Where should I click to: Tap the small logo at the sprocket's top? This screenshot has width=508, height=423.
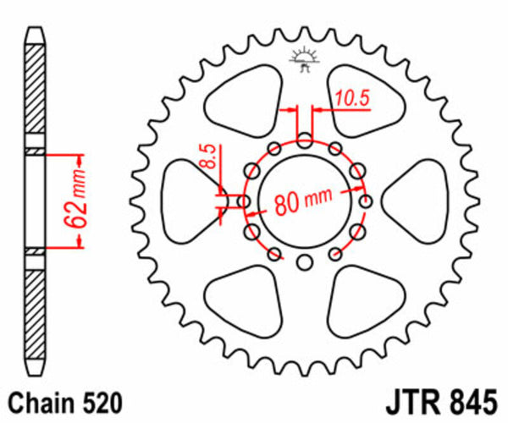pyautogui.click(x=303, y=60)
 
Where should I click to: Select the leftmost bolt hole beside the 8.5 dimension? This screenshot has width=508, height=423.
pyautogui.click(x=244, y=202)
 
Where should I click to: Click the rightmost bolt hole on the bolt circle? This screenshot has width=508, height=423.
pyautogui.click(x=366, y=202)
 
